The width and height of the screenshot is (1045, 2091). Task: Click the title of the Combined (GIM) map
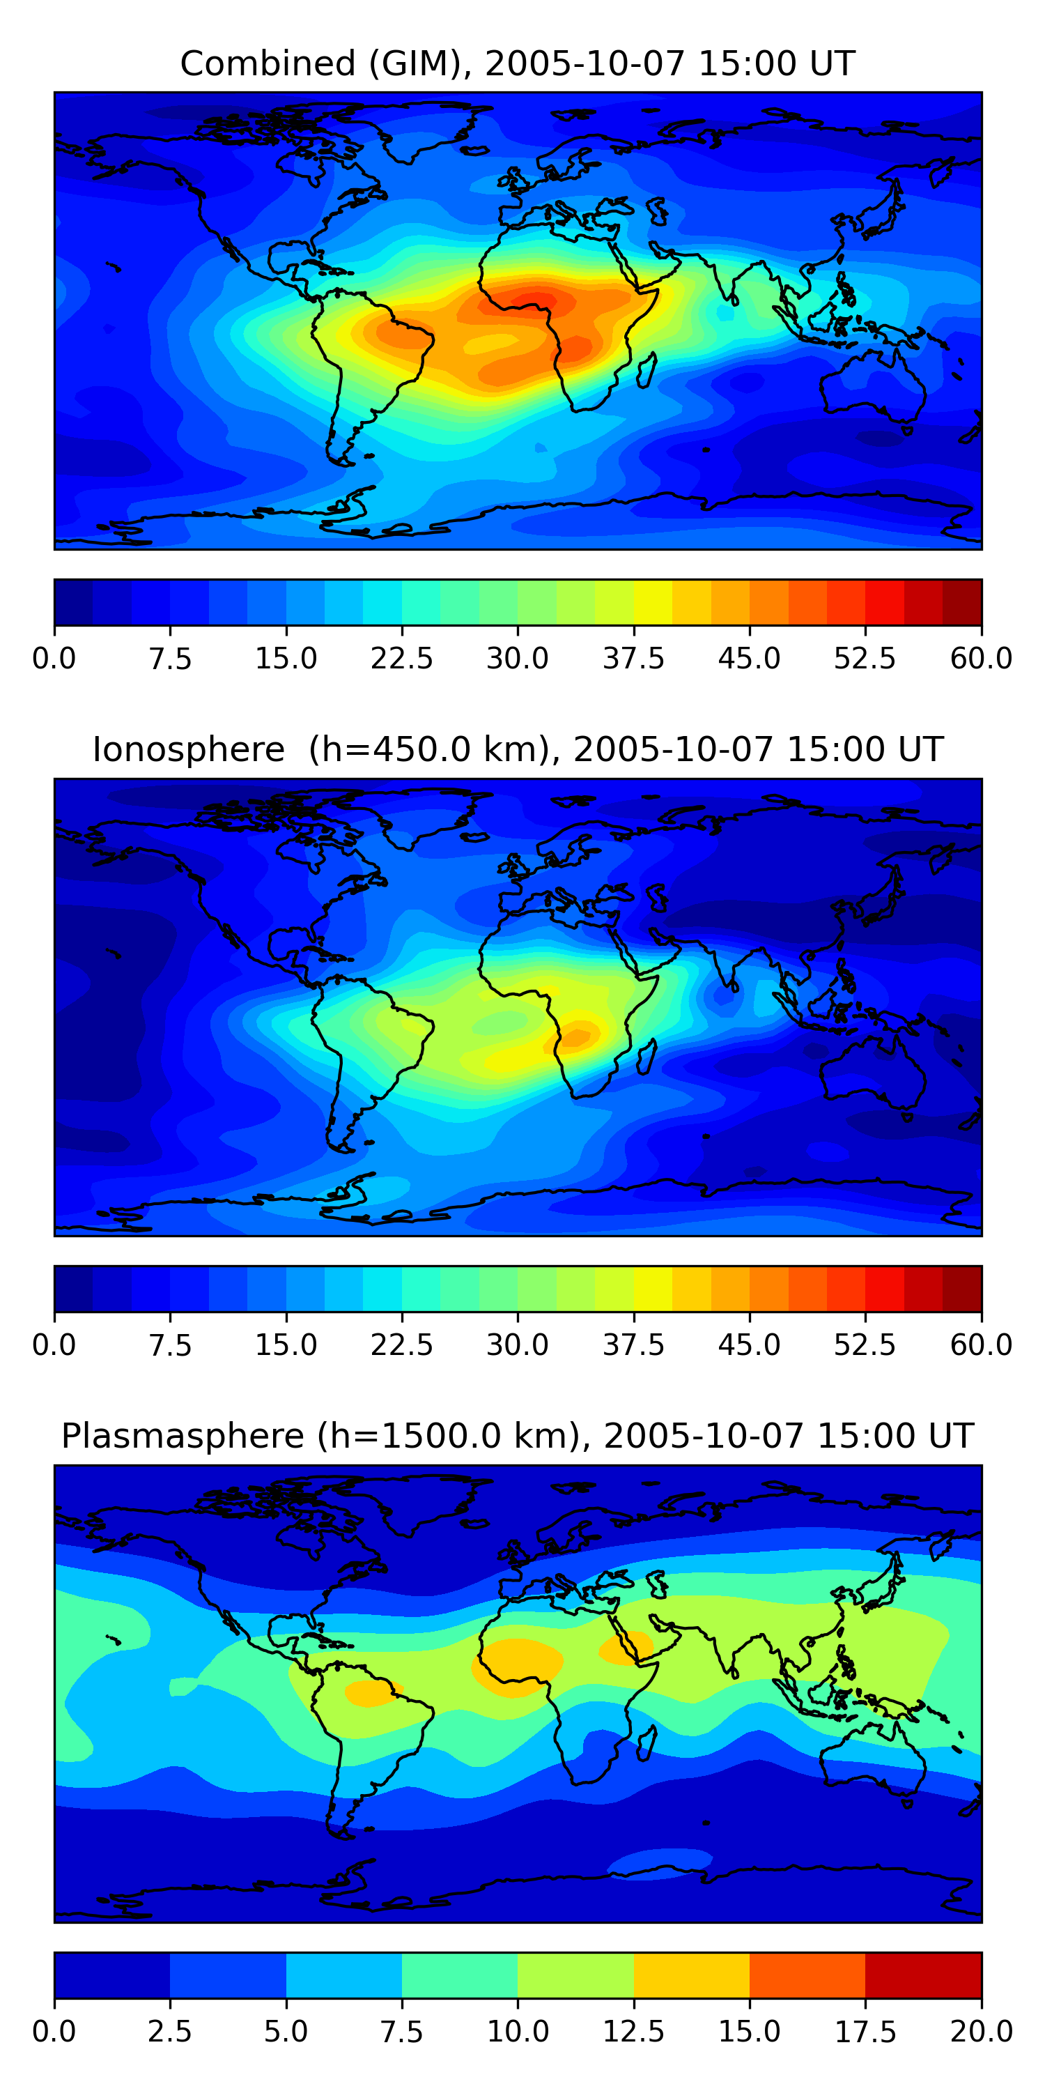518,63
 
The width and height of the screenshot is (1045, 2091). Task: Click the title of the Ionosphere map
518,749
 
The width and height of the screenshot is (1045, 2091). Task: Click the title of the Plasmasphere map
518,1436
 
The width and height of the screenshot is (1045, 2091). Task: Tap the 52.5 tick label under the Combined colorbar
865,658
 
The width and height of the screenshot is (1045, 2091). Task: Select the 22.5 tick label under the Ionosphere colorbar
401,1345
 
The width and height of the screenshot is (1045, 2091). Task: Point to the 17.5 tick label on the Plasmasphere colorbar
865,2031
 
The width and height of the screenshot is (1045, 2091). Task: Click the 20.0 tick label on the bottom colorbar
981,2031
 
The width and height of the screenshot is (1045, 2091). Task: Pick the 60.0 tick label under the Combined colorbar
981,658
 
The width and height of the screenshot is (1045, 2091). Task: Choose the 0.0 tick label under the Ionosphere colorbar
54,1345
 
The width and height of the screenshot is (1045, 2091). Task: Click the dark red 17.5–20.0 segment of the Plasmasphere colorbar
923,1975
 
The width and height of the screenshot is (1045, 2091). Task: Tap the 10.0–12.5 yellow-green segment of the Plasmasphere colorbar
575,1975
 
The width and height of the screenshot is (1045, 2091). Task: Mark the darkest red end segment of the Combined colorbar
962,602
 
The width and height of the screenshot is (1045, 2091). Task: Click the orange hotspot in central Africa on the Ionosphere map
578,1036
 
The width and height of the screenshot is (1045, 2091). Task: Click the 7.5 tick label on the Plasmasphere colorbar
401,2031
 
